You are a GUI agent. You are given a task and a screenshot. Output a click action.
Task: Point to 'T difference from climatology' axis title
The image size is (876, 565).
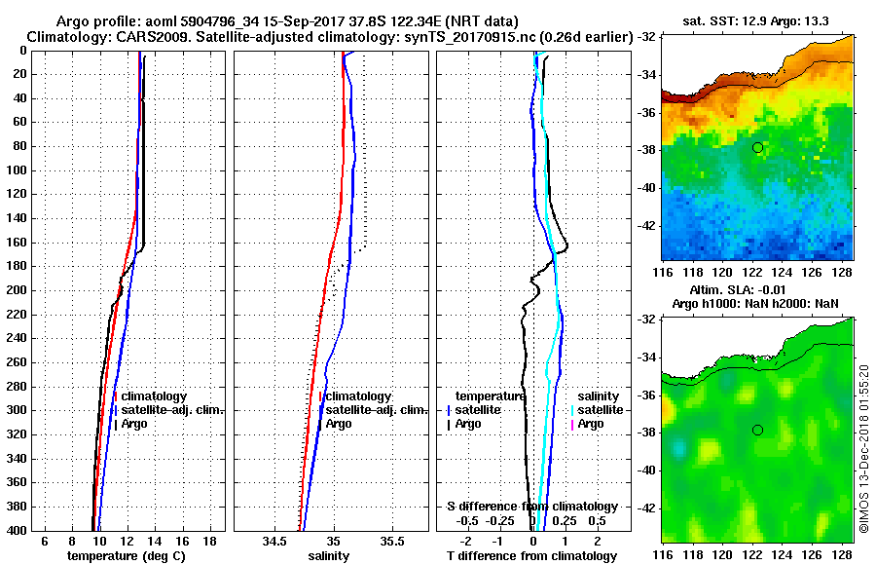tap(531, 555)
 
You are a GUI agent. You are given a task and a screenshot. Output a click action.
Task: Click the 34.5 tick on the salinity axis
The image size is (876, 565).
tap(274, 540)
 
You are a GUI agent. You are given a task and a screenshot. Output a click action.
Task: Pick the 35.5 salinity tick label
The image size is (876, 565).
tap(392, 540)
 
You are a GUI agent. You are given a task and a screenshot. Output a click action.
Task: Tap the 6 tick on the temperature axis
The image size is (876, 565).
tap(45, 540)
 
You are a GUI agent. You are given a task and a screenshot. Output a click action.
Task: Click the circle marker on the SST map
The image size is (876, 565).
tap(757, 147)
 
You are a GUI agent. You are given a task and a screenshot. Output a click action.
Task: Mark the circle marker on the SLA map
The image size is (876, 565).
tap(757, 430)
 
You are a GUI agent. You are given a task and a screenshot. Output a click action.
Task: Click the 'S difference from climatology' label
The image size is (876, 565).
tap(531, 507)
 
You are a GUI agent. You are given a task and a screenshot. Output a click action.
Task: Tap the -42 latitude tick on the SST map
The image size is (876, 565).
tap(647, 225)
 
